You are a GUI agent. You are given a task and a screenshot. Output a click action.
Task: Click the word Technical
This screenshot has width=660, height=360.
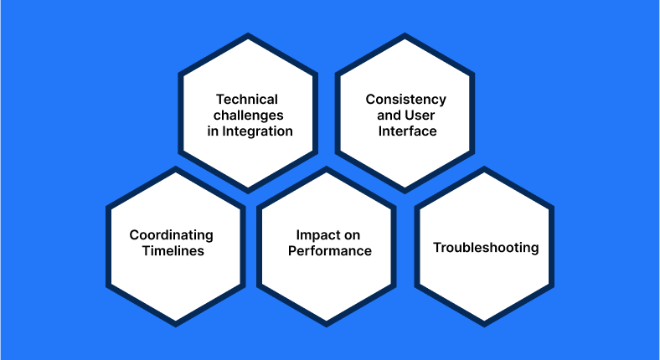tap(247, 100)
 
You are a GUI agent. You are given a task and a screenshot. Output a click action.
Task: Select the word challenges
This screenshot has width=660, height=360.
tap(249, 116)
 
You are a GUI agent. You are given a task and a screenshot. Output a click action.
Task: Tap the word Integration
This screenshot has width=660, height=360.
tap(258, 131)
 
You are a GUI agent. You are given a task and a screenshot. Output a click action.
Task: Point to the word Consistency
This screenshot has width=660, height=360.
tap(405, 100)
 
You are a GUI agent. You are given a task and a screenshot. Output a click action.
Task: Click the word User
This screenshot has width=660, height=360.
tap(420, 115)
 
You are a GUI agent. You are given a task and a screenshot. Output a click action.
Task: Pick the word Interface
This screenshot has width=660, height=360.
tap(407, 131)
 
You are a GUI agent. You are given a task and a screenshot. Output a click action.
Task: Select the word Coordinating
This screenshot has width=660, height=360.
tap(172, 235)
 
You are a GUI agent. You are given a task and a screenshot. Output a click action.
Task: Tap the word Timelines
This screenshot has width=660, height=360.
tap(173, 250)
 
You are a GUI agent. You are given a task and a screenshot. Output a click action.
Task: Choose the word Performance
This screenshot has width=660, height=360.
tap(330, 250)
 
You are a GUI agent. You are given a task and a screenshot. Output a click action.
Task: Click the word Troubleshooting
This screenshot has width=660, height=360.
tap(486, 248)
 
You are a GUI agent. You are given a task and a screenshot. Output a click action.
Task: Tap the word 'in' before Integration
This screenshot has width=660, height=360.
tap(213, 131)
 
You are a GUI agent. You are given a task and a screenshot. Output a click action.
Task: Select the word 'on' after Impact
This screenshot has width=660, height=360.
tap(351, 236)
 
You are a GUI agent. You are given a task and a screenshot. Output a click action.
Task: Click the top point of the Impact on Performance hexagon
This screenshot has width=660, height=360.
tap(326, 167)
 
